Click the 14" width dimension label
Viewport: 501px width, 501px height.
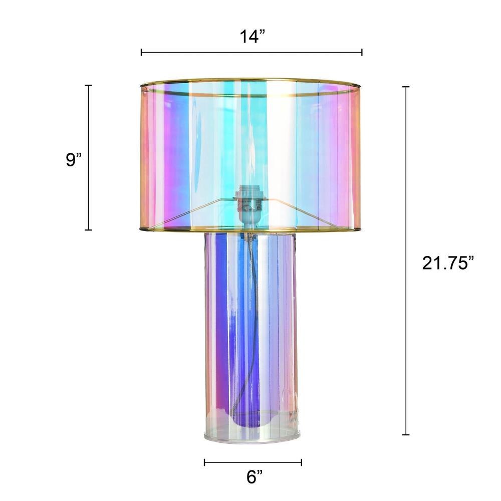coord(253,37)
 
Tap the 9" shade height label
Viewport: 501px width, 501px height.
coord(74,159)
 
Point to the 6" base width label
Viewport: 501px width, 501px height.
coord(255,477)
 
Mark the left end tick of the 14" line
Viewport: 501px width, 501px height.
coord(141,53)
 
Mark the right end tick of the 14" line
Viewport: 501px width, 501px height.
coord(362,53)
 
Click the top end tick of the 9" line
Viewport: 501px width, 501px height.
coord(88,86)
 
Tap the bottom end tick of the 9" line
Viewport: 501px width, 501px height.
coord(88,229)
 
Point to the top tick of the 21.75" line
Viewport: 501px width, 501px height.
coord(406,87)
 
